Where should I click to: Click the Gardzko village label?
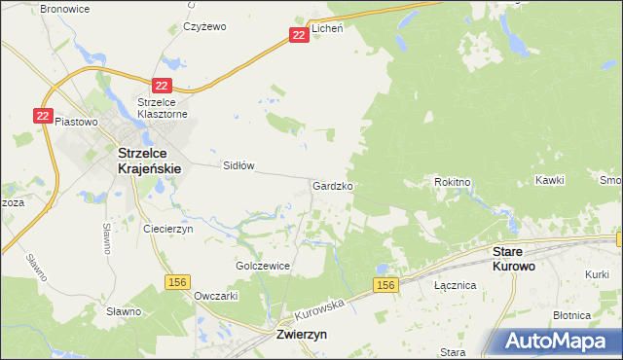click(x=332, y=185)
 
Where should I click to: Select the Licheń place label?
click(x=327, y=29)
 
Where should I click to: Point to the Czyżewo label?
click(x=204, y=27)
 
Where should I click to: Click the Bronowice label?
click(x=63, y=8)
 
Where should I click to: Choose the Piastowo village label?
click(x=78, y=122)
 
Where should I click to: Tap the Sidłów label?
click(x=238, y=165)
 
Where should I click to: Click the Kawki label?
click(x=550, y=181)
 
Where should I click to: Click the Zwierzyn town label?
click(x=295, y=333)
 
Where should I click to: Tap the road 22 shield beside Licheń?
click(x=299, y=34)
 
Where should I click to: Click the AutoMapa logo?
click(x=558, y=341)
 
